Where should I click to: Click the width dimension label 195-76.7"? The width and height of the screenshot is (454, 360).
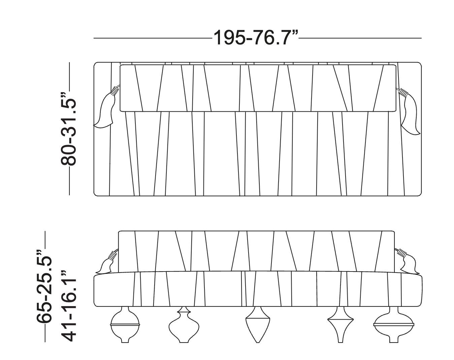point(256,37)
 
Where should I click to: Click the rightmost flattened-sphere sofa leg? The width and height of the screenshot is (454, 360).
point(393,324)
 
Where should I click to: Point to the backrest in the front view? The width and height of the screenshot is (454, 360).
point(256,251)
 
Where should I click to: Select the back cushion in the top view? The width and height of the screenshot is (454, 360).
point(258,88)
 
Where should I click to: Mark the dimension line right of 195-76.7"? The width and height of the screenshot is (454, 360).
point(360,38)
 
